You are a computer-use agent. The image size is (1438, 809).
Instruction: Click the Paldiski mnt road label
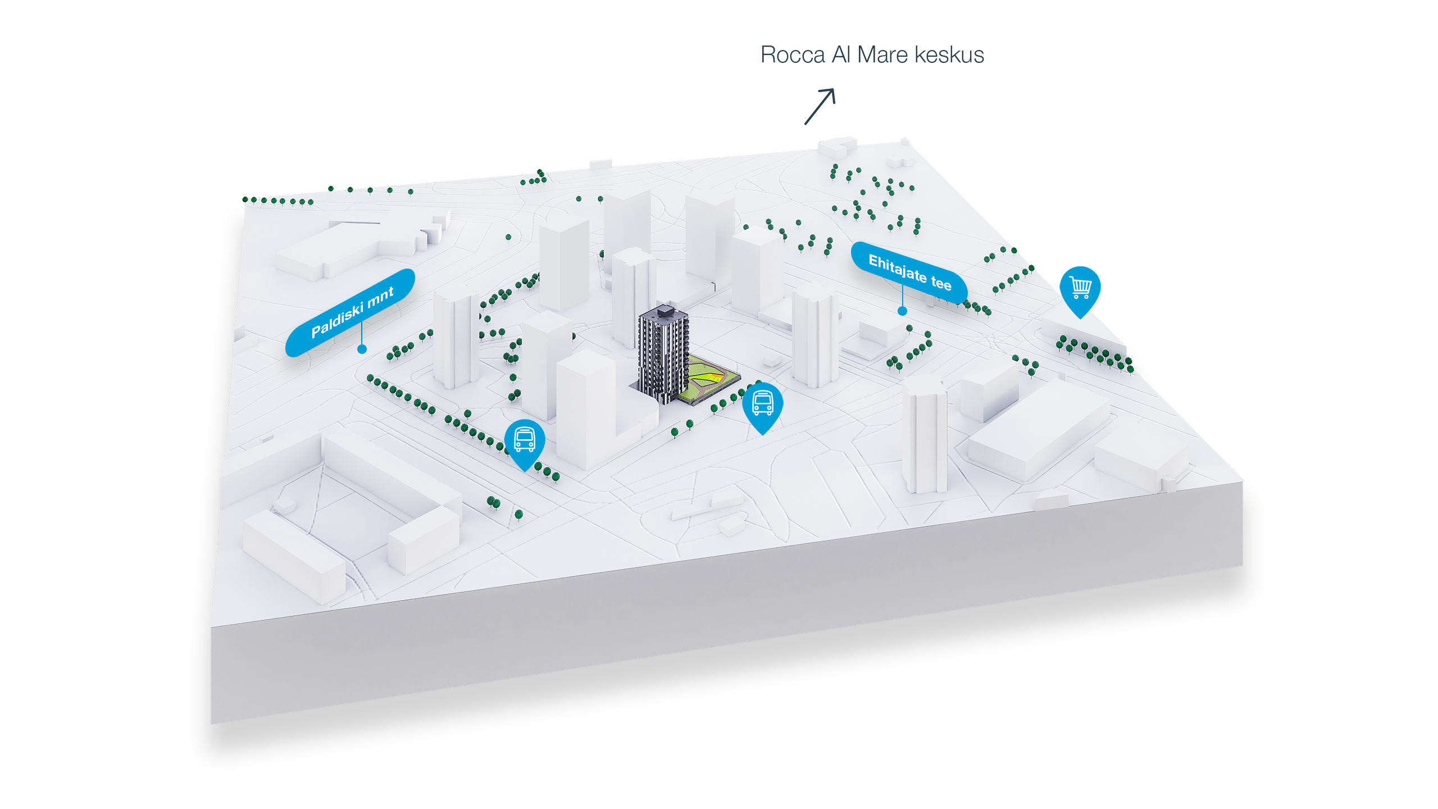[351, 312]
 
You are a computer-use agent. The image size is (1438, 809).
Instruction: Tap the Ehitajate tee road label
[909, 273]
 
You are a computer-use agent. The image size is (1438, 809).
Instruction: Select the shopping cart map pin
[1080, 288]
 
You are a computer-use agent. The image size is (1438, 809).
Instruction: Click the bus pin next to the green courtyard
[762, 403]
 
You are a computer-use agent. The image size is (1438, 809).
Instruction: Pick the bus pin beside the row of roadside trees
[524, 440]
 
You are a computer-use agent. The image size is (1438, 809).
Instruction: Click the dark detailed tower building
[663, 354]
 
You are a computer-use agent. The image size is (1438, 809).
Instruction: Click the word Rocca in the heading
[793, 55]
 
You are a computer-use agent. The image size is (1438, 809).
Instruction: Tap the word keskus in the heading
[949, 55]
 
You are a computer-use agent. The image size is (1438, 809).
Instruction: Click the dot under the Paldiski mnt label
[362, 349]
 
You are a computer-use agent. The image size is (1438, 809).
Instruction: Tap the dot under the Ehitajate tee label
[902, 311]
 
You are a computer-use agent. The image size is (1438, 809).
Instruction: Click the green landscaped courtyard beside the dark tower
[709, 379]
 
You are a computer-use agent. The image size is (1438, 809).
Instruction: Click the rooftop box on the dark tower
[665, 310]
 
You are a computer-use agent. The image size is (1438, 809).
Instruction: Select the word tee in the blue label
[941, 282]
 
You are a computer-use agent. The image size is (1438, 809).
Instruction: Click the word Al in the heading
[841, 55]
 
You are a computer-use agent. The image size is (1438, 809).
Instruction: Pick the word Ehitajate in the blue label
[898, 268]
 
